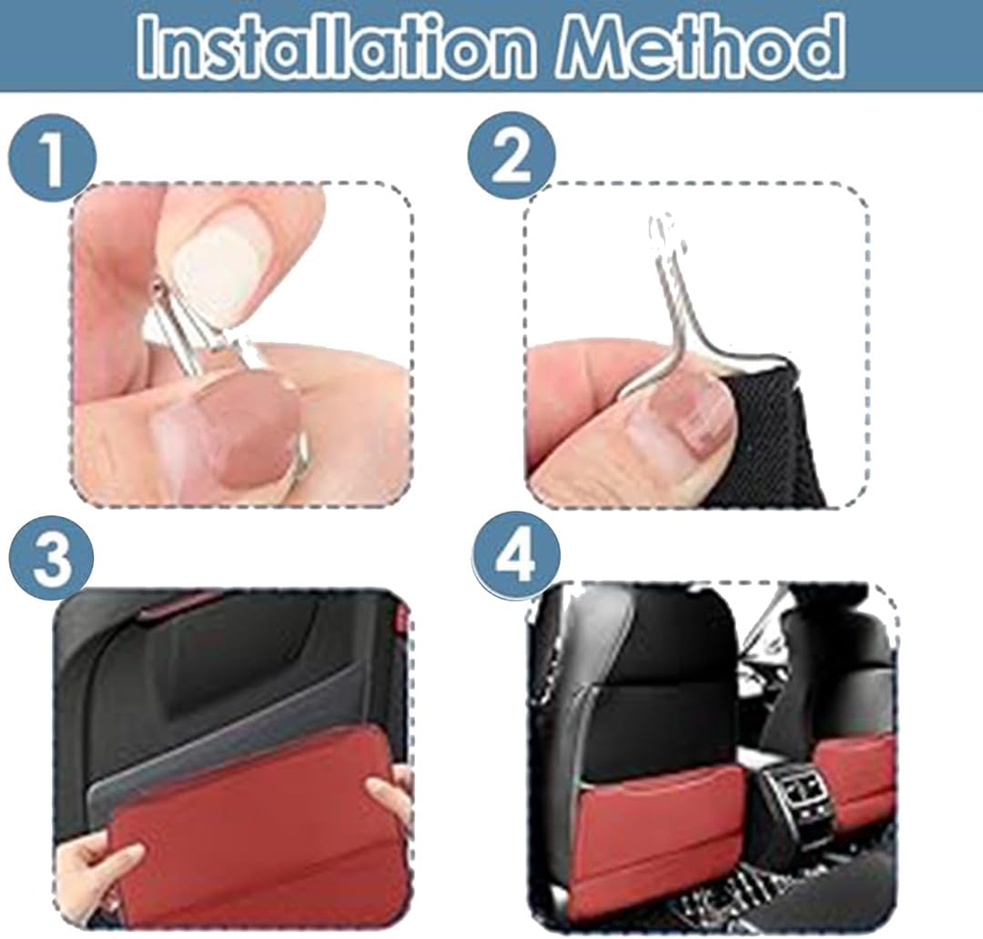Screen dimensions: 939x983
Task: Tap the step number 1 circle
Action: (x=52, y=156)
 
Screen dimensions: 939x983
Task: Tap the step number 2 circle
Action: (x=512, y=156)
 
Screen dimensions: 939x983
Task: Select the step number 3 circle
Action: (x=52, y=557)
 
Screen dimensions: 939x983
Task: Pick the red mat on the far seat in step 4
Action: (x=856, y=773)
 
